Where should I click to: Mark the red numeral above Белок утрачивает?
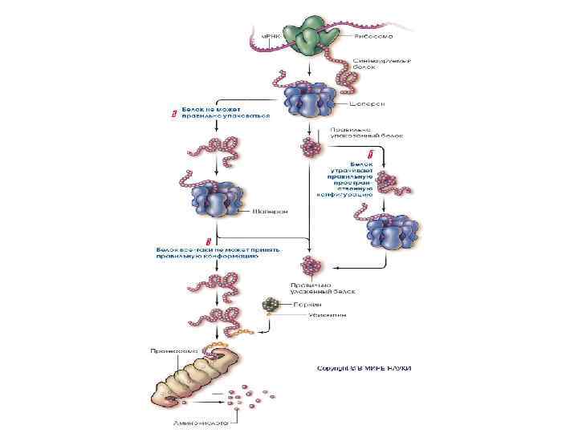click(369, 153)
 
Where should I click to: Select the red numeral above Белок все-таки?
click(208, 241)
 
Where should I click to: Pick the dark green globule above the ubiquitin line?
click(273, 306)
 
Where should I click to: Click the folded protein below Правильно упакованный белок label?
click(309, 146)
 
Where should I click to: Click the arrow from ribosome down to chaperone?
click(309, 68)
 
